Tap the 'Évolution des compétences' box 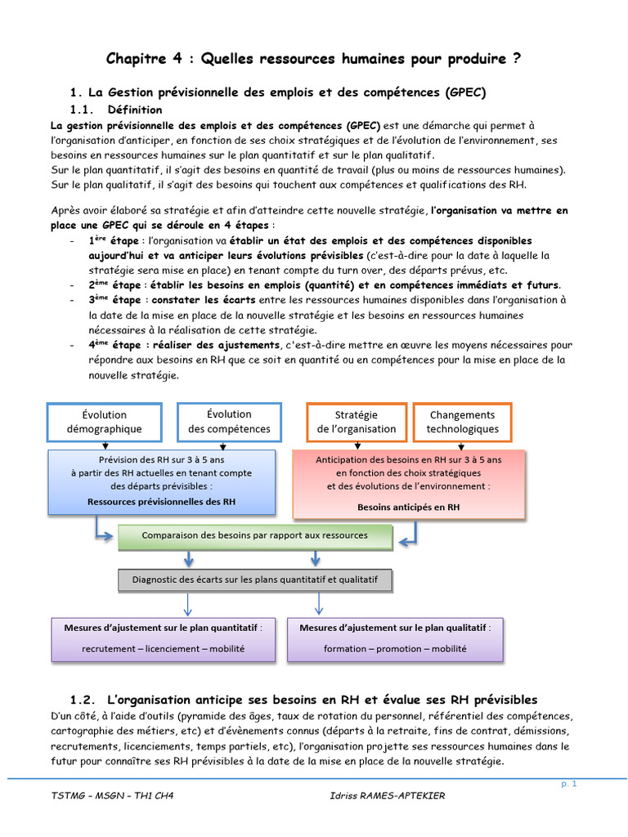[229, 422]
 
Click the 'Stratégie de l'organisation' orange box [356, 422]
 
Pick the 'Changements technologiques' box [462, 422]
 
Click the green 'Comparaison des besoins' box [254, 536]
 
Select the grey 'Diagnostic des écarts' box [254, 580]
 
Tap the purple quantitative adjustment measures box [163, 638]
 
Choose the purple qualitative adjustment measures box [395, 638]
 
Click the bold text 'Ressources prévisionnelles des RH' [162, 502]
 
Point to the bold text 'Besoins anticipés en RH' [408, 507]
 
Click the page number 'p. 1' [569, 784]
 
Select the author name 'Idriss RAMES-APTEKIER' [384, 796]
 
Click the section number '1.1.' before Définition [83, 110]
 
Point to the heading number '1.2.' [84, 700]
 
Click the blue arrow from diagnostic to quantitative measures [187, 604]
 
